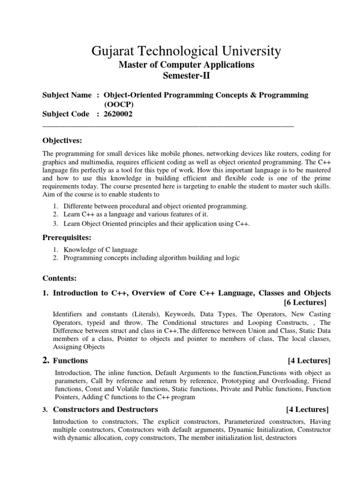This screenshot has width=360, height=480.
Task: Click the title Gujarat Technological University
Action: point(180,50)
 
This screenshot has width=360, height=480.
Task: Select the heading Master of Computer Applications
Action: point(180,64)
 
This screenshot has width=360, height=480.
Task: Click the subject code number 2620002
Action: point(118,113)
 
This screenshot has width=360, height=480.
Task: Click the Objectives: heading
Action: point(62,140)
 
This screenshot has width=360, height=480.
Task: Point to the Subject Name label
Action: point(67,95)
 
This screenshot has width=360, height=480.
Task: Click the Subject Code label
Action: point(67,113)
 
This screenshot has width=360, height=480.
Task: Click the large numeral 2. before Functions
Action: point(46,360)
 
